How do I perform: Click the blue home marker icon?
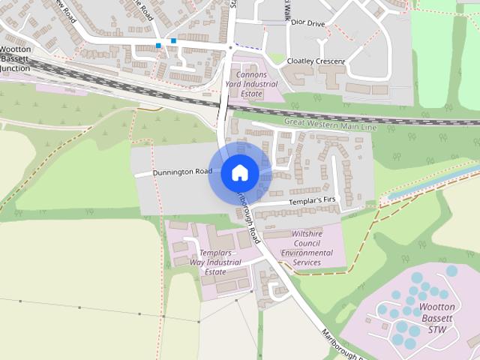pos(240,173)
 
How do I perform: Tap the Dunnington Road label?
pos(182,172)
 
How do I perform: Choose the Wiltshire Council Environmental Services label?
pos(307,248)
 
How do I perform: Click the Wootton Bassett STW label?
pos(437,318)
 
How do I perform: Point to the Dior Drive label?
pos(308,24)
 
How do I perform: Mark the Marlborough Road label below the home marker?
pos(247,217)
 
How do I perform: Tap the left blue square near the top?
pos(158,46)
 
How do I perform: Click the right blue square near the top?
pos(173,40)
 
